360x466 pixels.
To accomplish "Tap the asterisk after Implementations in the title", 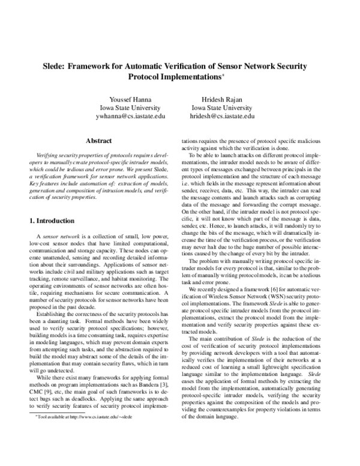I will [224, 74].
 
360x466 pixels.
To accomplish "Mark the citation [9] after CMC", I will [53, 374].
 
